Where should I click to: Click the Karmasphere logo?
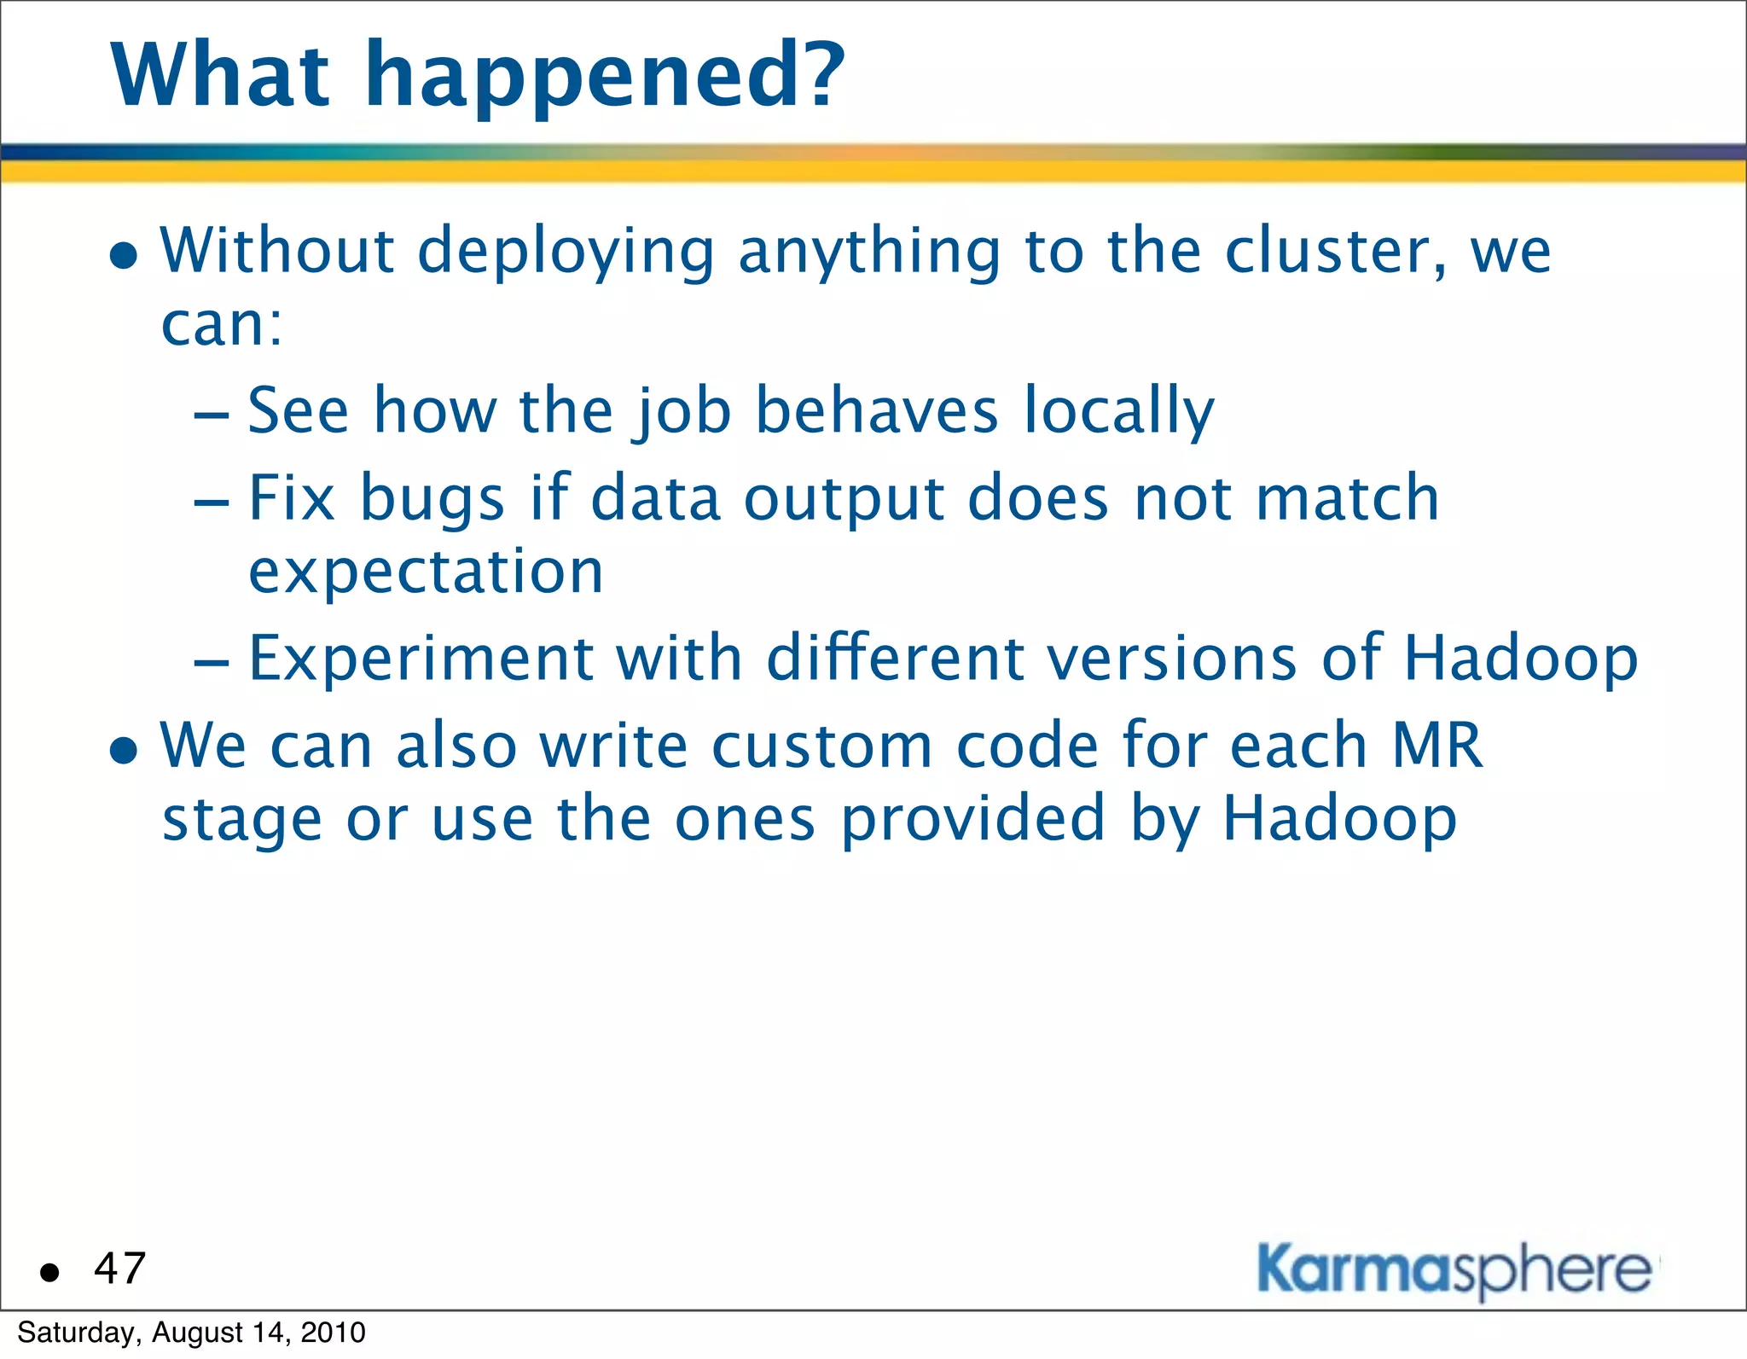click(1454, 1270)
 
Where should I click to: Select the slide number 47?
click(120, 1269)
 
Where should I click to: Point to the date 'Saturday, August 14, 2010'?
click(191, 1333)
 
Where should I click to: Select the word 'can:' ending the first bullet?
click(222, 326)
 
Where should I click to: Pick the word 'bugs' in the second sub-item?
click(432, 498)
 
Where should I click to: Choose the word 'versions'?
click(1172, 659)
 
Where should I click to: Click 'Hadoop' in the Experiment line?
click(1520, 659)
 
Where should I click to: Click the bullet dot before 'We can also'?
click(125, 751)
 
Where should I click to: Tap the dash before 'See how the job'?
click(212, 415)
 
